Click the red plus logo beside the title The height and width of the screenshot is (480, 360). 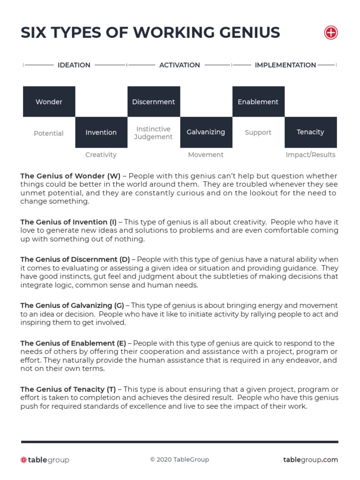(331, 33)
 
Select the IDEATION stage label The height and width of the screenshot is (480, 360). (74, 65)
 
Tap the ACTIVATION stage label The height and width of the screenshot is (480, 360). (180, 65)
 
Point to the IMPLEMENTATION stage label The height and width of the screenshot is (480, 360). (285, 65)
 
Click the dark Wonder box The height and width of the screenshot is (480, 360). (49, 102)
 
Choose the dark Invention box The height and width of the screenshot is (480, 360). (101, 132)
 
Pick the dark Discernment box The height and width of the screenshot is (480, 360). (153, 102)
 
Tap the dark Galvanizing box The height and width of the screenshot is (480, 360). (206, 132)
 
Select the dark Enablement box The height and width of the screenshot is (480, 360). (258, 102)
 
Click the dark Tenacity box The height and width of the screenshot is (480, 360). (310, 132)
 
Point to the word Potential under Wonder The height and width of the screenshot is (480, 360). (48, 133)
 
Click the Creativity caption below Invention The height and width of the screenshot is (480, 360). (101, 155)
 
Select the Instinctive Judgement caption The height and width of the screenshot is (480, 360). (153, 133)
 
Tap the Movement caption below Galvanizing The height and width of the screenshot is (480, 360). (206, 155)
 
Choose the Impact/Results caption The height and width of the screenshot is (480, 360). (310, 155)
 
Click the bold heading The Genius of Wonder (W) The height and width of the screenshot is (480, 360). (70, 176)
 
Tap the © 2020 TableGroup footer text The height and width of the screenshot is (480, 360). (180, 460)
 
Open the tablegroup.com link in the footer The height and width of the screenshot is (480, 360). (310, 460)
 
